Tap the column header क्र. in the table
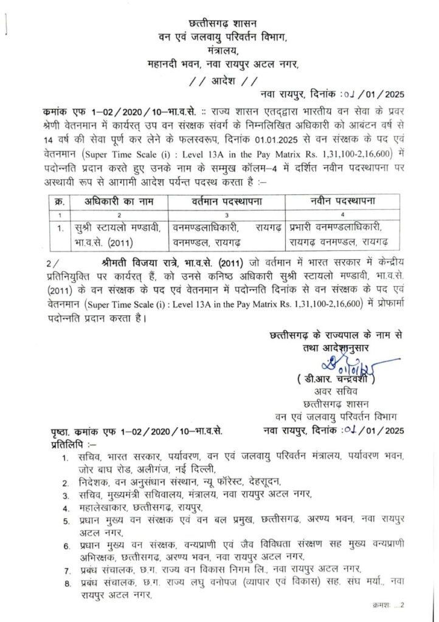point(60,201)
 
